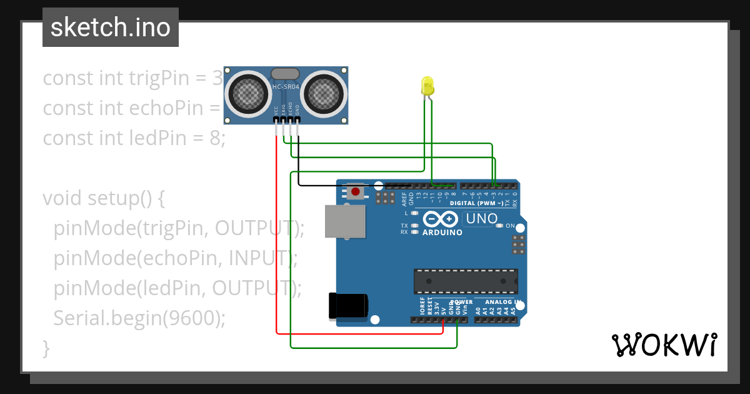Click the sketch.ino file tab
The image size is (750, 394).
111,28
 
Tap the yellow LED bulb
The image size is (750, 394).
427,86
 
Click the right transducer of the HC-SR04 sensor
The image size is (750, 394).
323,94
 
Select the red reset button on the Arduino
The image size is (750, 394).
356,191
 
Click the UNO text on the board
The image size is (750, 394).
481,219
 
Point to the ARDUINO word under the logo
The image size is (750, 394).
442,233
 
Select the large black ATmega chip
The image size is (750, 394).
466,281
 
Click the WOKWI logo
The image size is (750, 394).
664,345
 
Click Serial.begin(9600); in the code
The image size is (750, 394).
139,318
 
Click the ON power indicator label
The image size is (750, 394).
510,226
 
